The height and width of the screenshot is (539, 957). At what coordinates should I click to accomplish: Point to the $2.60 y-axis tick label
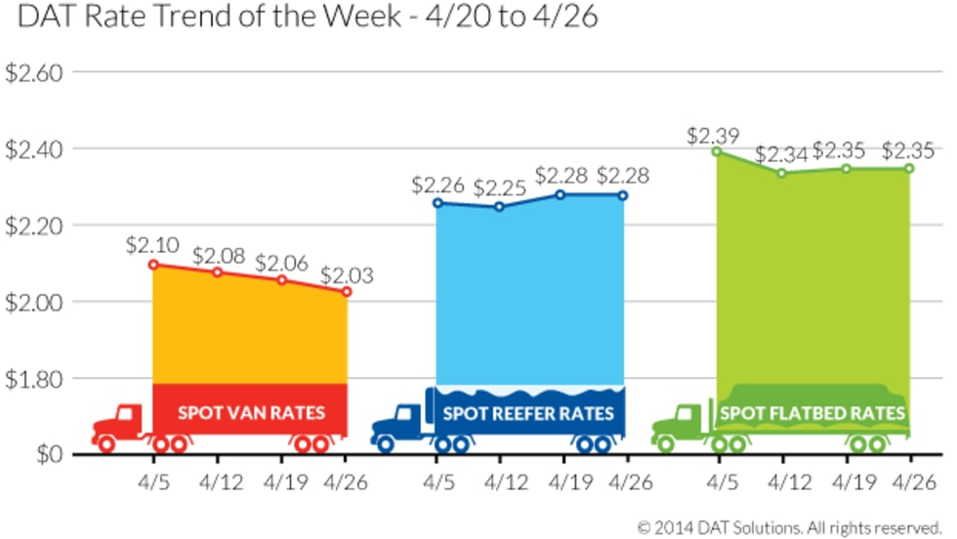point(34,73)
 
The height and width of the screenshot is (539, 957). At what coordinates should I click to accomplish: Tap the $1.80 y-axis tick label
point(34,378)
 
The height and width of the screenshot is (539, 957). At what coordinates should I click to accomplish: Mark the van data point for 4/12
point(217,271)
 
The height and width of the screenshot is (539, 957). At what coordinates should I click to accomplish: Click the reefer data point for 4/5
point(437,203)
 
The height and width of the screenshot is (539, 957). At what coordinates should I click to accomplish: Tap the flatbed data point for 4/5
point(717,151)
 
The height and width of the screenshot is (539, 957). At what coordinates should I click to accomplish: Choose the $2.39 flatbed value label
point(713,133)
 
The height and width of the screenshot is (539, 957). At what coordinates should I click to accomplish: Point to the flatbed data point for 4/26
point(909,168)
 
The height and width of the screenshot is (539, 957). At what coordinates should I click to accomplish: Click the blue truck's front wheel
point(386,444)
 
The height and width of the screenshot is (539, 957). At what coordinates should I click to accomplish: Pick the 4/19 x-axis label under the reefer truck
point(569,481)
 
